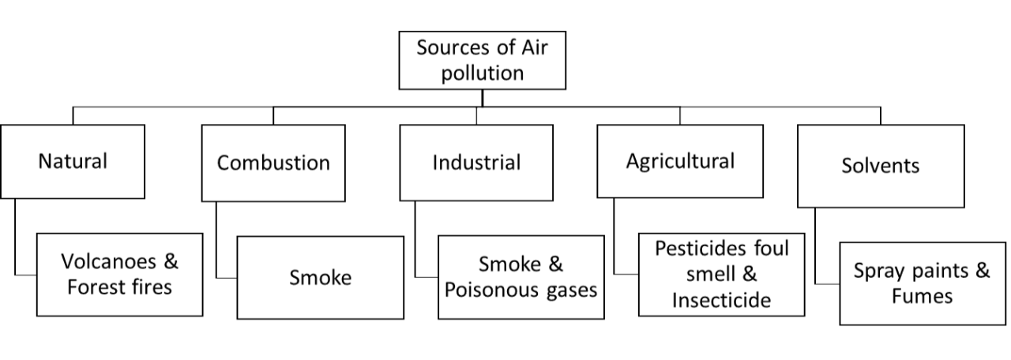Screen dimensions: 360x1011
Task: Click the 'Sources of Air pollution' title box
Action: pos(482,60)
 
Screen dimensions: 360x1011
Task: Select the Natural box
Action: pos(73,162)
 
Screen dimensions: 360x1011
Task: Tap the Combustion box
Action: pos(273,163)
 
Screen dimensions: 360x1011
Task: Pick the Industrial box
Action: pos(476,163)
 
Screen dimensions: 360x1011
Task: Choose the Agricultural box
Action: pos(680,161)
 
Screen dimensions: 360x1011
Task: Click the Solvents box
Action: pos(881,166)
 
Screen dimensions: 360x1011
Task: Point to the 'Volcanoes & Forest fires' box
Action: pos(119,273)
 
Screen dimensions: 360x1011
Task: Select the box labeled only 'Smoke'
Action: pos(320,277)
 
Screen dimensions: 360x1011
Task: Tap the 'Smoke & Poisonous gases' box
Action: pos(521,276)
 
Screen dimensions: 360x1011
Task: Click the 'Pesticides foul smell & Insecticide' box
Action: pos(722,275)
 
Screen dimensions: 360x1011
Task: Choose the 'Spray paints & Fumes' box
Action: pos(922,283)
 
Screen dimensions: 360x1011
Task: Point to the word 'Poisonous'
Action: pos(495,289)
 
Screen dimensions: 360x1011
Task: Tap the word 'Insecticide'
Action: pos(722,300)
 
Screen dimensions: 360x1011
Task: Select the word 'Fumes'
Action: pos(922,296)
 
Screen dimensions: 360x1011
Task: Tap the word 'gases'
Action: pos(573,289)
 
